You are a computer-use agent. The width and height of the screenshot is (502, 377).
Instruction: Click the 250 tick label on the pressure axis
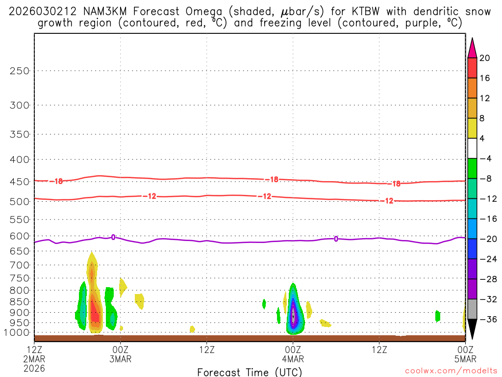pyautogui.click(x=20, y=71)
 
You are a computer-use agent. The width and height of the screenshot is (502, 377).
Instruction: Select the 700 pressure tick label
pyautogui.click(x=20, y=265)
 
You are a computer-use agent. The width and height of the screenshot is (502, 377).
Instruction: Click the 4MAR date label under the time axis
pyautogui.click(x=293, y=359)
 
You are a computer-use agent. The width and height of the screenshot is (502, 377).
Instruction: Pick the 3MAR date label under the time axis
pyautogui.click(x=121, y=359)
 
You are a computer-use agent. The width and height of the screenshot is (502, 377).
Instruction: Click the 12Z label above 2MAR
pyautogui.click(x=34, y=350)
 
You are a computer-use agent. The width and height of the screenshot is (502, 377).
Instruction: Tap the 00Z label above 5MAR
pyautogui.click(x=465, y=350)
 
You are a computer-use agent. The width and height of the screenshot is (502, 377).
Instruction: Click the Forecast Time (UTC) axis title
pyautogui.click(x=250, y=372)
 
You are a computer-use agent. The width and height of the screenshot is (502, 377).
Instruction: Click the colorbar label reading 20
pyautogui.click(x=485, y=58)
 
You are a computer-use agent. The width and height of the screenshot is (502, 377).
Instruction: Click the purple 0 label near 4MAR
pyautogui.click(x=336, y=239)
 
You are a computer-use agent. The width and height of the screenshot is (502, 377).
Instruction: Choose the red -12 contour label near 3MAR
pyautogui.click(x=150, y=196)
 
